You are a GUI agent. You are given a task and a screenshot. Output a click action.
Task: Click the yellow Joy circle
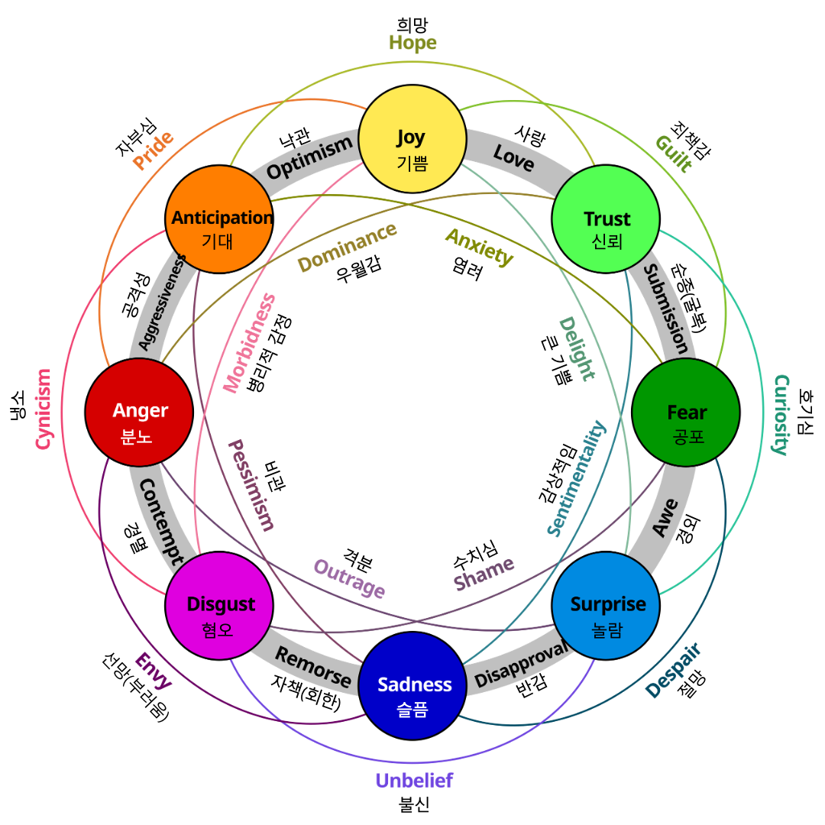(x=412, y=139)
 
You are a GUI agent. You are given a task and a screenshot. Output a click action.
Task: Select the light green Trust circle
(x=606, y=220)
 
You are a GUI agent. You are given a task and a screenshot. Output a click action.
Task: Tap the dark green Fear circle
(x=686, y=412)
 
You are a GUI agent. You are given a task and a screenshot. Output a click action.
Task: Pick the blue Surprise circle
(x=606, y=606)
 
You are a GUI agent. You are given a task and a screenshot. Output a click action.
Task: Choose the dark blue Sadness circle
(x=412, y=686)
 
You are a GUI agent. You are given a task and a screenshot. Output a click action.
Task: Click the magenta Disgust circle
(x=219, y=606)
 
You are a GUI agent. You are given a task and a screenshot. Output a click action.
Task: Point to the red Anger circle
(x=139, y=412)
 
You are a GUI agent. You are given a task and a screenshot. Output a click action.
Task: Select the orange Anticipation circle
(x=219, y=220)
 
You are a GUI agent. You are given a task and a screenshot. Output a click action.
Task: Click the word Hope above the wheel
(x=412, y=43)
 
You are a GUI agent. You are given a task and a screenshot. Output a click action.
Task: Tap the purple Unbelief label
(x=413, y=781)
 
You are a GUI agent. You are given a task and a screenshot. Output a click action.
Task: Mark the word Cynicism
(x=44, y=409)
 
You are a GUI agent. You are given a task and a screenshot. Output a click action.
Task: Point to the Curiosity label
(x=780, y=414)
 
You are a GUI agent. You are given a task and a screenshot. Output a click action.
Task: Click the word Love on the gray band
(x=513, y=157)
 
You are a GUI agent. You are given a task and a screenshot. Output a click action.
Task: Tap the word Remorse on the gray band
(x=313, y=666)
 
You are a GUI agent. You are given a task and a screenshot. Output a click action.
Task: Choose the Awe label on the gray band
(x=665, y=517)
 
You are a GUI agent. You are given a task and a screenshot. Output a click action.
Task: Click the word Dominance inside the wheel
(x=347, y=247)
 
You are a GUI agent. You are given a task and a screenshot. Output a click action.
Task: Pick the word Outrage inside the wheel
(x=349, y=578)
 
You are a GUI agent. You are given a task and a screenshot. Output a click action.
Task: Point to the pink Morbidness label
(x=249, y=344)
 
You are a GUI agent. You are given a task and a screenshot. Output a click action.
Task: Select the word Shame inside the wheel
(x=484, y=574)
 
